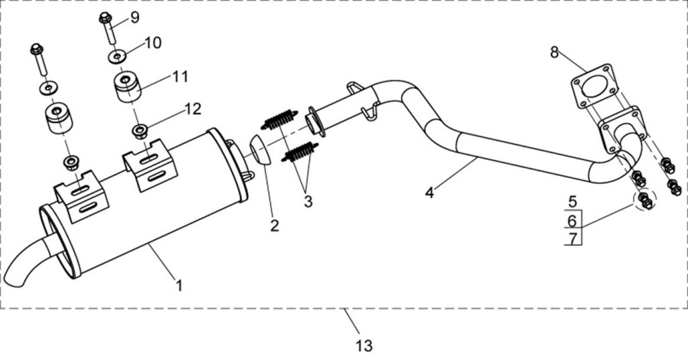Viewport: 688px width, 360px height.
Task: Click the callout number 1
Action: [179, 285]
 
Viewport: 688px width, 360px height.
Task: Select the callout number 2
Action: [274, 225]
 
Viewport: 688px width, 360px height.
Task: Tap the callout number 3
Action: [308, 201]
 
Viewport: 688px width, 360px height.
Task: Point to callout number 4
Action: [431, 193]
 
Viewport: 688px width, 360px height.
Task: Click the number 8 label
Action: [554, 52]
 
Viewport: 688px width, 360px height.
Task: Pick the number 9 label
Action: [135, 17]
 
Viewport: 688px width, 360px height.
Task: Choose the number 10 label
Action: [153, 43]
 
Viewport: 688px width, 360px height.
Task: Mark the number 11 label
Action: [179, 77]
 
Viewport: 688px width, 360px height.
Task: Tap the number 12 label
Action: [193, 107]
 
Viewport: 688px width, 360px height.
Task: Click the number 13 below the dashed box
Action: [363, 346]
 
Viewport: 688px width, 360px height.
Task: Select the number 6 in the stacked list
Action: [572, 220]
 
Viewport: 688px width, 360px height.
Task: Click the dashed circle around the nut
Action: [644, 199]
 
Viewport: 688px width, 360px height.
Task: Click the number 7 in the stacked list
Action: [572, 238]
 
